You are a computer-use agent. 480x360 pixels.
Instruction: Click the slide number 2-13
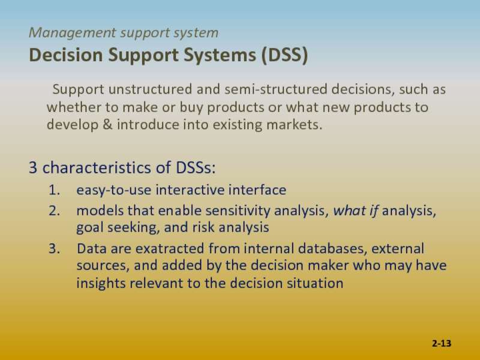click(442, 343)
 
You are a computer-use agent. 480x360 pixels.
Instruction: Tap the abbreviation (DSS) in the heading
click(284, 55)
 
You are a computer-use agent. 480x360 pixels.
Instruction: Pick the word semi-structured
click(276, 89)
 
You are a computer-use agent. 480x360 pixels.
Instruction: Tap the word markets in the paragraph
click(295, 125)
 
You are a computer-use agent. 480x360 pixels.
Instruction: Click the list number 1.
click(55, 190)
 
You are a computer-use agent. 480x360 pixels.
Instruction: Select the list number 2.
click(55, 211)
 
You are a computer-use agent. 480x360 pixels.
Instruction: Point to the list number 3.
click(55, 248)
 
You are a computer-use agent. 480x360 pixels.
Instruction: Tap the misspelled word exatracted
click(170, 248)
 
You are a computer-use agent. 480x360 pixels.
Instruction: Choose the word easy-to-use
click(114, 190)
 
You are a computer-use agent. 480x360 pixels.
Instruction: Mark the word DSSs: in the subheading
click(196, 167)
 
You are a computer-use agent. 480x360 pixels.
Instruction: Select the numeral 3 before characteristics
click(33, 167)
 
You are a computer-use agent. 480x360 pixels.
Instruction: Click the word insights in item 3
click(101, 283)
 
